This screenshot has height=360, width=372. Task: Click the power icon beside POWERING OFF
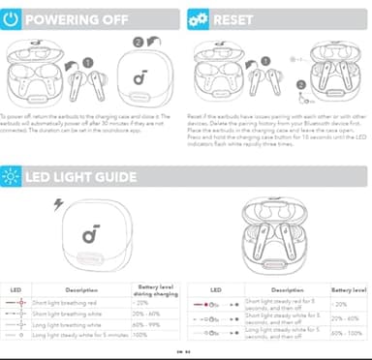(x=11, y=18)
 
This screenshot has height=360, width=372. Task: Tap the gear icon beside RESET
(x=199, y=18)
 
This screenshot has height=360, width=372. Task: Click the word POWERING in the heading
(x=60, y=18)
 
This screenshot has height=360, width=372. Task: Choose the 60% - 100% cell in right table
(x=348, y=333)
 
